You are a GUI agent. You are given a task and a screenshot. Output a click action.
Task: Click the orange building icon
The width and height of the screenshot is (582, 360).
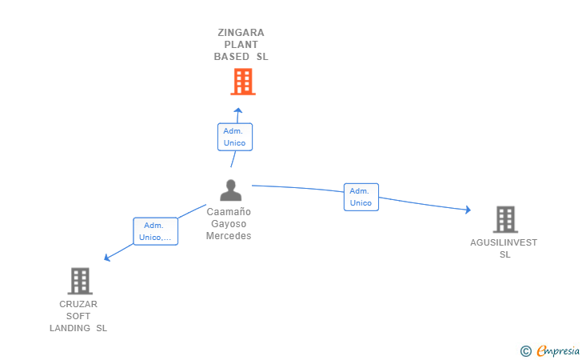243,82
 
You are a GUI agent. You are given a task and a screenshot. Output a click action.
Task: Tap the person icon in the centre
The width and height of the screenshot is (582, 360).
230,190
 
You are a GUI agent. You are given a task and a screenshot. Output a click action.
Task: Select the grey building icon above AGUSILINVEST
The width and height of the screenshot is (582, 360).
505,219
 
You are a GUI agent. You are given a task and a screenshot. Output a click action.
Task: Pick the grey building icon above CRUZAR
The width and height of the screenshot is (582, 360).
80,281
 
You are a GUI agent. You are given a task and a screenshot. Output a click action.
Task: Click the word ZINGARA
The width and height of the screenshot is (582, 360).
241,33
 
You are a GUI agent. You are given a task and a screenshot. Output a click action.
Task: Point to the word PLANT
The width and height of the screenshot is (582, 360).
241,45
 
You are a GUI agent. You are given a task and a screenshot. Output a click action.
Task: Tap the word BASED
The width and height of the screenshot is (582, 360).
232,57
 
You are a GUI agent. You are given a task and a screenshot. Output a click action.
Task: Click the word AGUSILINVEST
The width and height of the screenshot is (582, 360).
504,242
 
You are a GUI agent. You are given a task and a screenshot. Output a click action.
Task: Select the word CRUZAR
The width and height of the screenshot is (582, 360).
78,304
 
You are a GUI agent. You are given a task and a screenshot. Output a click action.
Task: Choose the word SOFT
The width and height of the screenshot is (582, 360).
78,316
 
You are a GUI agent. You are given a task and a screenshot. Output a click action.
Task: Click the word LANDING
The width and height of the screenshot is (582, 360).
70,328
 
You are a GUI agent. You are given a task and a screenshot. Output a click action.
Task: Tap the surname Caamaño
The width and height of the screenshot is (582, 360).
229,212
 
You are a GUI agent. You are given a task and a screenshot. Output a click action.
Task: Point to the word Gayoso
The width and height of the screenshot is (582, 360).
229,224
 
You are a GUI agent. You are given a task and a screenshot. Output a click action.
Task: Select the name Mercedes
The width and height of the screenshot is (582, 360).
229,236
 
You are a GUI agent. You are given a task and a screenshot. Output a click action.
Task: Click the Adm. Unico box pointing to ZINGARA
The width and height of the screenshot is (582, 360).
235,137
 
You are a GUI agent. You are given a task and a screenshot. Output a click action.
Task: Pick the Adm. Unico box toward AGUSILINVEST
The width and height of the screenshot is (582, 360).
361,197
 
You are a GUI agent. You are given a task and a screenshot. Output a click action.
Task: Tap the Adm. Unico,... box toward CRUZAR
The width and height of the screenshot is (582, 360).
156,231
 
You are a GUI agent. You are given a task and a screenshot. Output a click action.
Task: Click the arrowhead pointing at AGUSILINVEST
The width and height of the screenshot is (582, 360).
468,210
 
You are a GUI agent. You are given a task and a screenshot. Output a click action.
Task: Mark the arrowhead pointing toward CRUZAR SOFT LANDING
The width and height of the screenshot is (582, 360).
107,258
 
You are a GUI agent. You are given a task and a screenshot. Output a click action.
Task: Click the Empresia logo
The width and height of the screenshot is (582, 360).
550,350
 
